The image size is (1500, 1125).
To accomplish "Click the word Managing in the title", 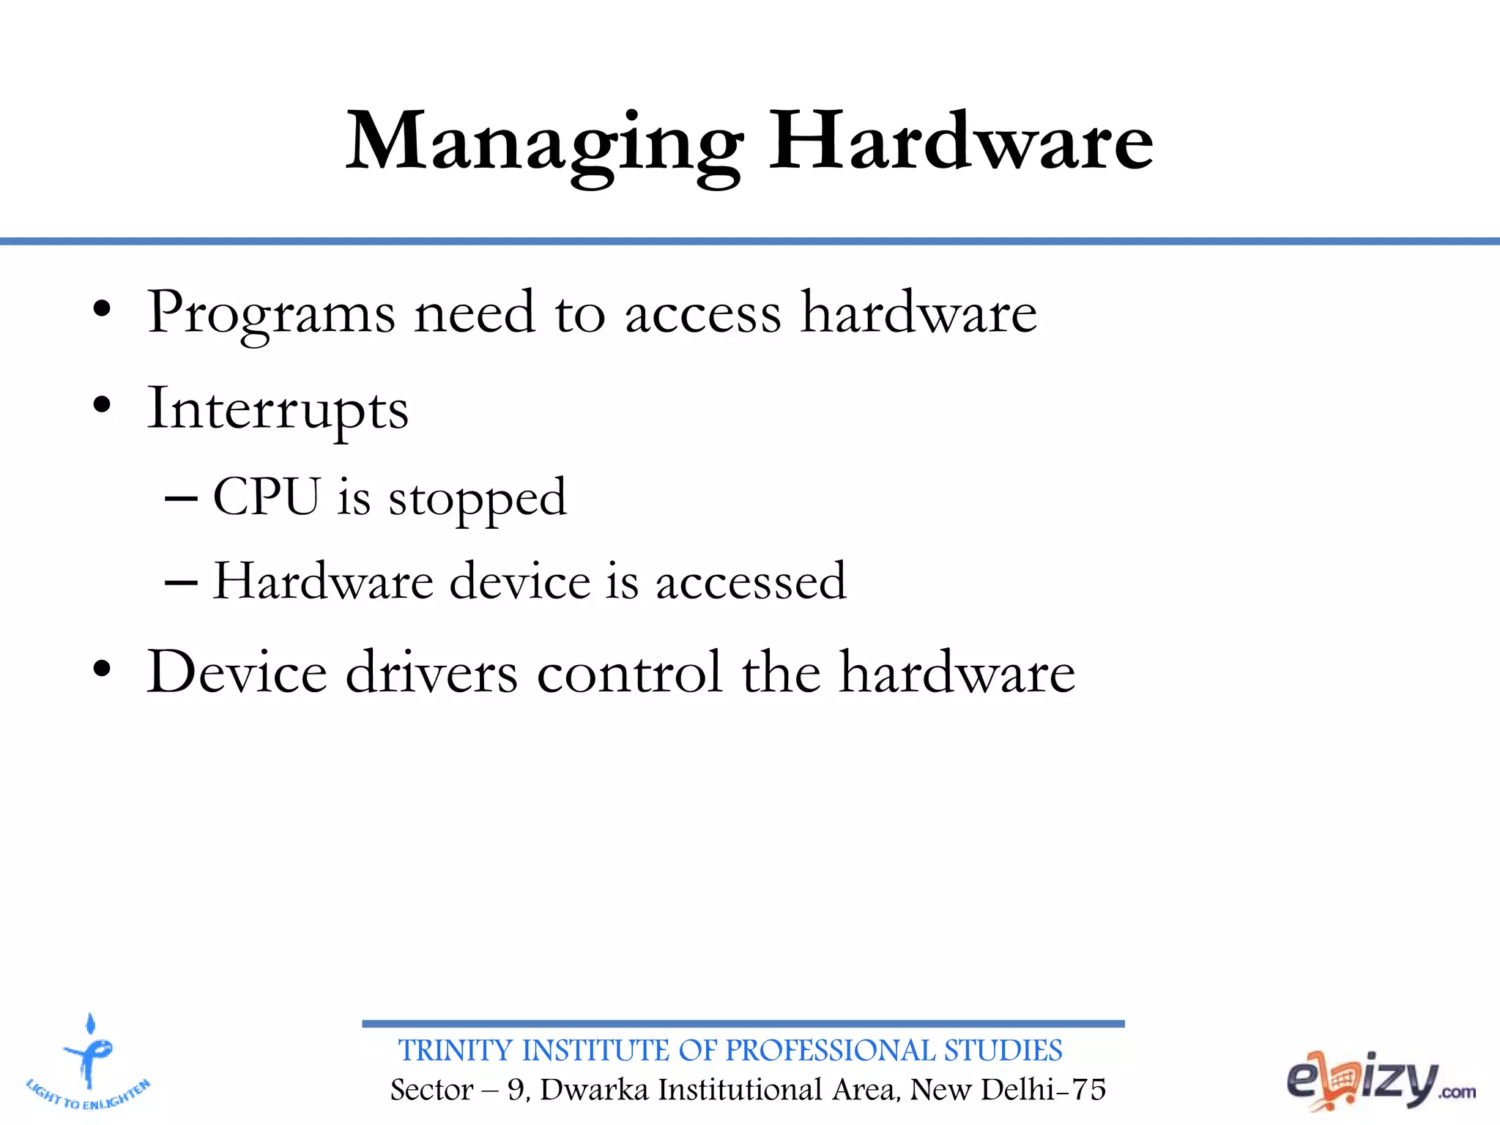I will pyautogui.click(x=544, y=143).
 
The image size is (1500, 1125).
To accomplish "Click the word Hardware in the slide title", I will pyautogui.click(x=960, y=141).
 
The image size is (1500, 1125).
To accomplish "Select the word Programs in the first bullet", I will pyautogui.click(x=271, y=313).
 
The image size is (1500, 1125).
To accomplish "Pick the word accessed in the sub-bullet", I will pyautogui.click(x=751, y=582).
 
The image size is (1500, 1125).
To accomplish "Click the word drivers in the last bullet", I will pyautogui.click(x=431, y=672).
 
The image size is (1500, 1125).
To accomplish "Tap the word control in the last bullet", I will pyautogui.click(x=629, y=672).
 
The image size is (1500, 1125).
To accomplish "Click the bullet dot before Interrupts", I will pyautogui.click(x=102, y=405).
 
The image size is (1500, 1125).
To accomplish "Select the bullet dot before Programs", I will pyautogui.click(x=102, y=309).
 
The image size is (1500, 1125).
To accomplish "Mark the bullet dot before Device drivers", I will pyautogui.click(x=102, y=668).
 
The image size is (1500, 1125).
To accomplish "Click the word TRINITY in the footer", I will pyautogui.click(x=455, y=1051).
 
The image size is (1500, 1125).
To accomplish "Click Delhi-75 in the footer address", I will pyautogui.click(x=1043, y=1090).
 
